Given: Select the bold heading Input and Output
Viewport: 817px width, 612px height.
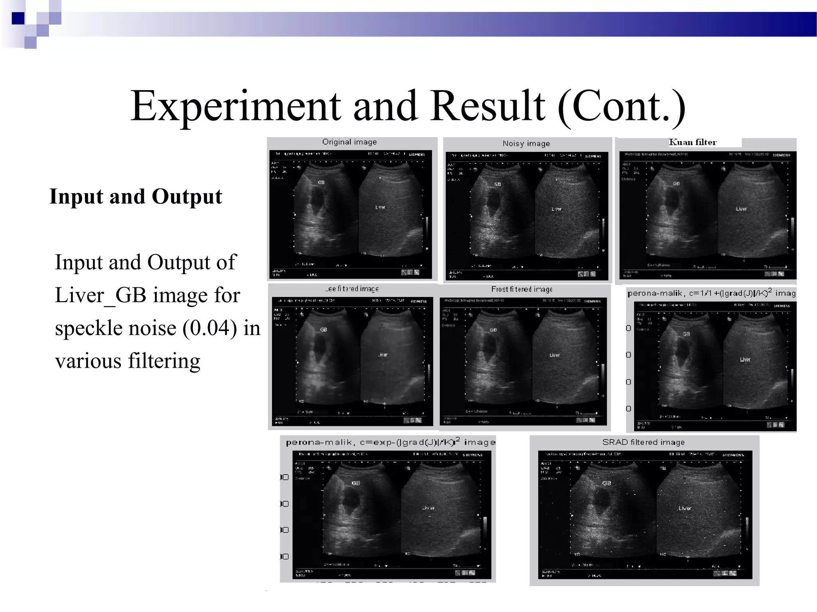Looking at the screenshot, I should point(136,197).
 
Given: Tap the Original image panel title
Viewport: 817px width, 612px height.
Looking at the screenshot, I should point(349,142).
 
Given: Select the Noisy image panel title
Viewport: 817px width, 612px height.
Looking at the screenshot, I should point(526,143).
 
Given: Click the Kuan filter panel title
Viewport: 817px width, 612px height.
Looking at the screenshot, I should point(693,142).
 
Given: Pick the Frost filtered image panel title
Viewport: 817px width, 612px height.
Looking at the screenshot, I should point(522,289).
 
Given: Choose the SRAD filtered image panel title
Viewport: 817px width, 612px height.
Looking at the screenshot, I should point(643,442).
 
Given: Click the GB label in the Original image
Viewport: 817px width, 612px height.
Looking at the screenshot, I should point(321,182).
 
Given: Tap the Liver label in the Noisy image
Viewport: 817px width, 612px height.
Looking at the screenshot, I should point(557,209).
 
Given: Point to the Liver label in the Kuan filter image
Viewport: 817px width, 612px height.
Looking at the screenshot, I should point(741,209).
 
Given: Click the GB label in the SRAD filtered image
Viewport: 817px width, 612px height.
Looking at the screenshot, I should point(606,483).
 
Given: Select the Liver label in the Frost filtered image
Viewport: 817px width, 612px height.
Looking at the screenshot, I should point(555,355).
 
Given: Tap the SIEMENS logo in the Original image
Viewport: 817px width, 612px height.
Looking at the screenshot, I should point(416,155).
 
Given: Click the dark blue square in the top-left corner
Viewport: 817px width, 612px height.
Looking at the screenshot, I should point(18,18).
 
